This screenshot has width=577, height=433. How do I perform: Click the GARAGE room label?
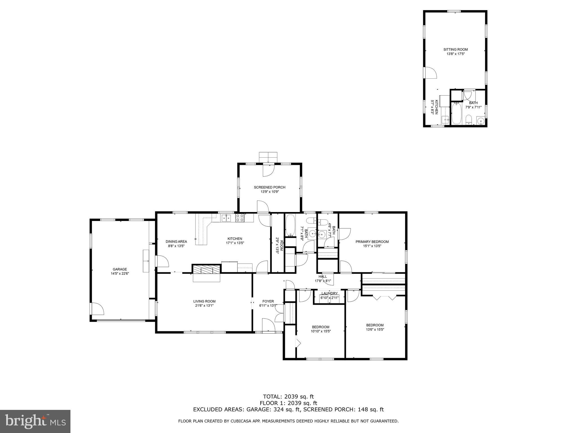[120, 269]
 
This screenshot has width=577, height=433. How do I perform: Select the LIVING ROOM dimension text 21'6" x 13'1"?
[204, 306]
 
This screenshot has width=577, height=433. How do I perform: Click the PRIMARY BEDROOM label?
[372, 242]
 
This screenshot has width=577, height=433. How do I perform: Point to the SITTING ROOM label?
[456, 49]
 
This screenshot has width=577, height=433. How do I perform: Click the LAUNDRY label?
[329, 293]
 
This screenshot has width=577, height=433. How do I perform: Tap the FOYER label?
[268, 301]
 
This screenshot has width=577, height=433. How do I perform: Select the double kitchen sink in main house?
[226, 218]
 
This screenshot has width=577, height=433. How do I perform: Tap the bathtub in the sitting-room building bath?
[456, 114]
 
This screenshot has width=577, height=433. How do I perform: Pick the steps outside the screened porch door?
[268, 157]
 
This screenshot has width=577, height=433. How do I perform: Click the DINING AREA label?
[176, 242]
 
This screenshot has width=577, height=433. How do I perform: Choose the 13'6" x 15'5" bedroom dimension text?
[375, 329]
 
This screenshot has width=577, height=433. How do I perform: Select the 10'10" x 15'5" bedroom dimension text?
[321, 332]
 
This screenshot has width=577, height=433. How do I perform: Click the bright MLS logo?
[35, 421]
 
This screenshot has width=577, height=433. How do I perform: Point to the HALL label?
[323, 277]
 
